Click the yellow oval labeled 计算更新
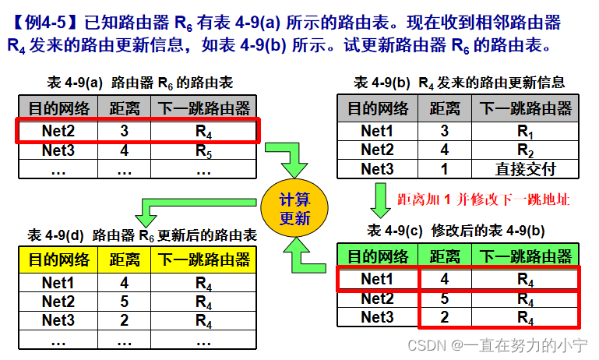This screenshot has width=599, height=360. pyautogui.click(x=294, y=210)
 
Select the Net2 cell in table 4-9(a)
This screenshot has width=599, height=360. pyautogui.click(x=59, y=130)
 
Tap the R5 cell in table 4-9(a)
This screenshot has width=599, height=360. pyautogui.click(x=203, y=150)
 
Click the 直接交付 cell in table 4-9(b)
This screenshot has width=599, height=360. pyautogui.click(x=526, y=169)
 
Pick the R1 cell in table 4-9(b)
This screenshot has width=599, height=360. pyautogui.click(x=526, y=131)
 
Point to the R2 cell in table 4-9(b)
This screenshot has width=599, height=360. pyautogui.click(x=526, y=150)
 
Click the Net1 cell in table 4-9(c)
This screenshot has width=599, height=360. pyautogui.click(x=378, y=278)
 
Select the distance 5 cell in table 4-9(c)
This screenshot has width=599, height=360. pyautogui.click(x=444, y=298)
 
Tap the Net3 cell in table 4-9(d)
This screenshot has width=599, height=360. pyautogui.click(x=59, y=320)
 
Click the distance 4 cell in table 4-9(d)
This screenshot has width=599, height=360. pyautogui.click(x=125, y=283)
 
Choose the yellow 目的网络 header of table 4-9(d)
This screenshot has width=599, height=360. pyautogui.click(x=59, y=259)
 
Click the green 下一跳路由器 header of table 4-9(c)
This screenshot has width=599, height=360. pyautogui.click(x=526, y=256)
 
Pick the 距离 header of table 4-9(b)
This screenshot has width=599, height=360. pyautogui.click(x=444, y=108)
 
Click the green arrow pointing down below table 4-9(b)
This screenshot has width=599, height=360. pyautogui.click(x=381, y=199)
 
